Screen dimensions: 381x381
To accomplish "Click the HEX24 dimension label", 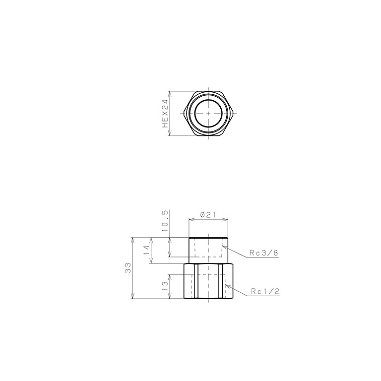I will pyautogui.click(x=166, y=114).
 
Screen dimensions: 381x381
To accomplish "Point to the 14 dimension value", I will pyautogui.click(x=146, y=250).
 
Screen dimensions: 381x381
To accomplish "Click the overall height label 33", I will pyautogui.click(x=128, y=268).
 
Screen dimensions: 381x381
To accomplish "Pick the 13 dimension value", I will pyautogui.click(x=166, y=287).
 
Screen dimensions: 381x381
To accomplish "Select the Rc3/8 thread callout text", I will pyautogui.click(x=264, y=253).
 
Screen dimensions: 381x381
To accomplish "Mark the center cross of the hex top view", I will pyautogui.click(x=208, y=114).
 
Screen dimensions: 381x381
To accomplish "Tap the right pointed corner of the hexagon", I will pyautogui.click(x=234, y=114).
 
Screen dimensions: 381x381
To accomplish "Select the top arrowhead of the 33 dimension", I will pyautogui.click(x=133, y=239).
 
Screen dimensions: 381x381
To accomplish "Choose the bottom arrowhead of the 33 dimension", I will pyautogui.click(x=133, y=298).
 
